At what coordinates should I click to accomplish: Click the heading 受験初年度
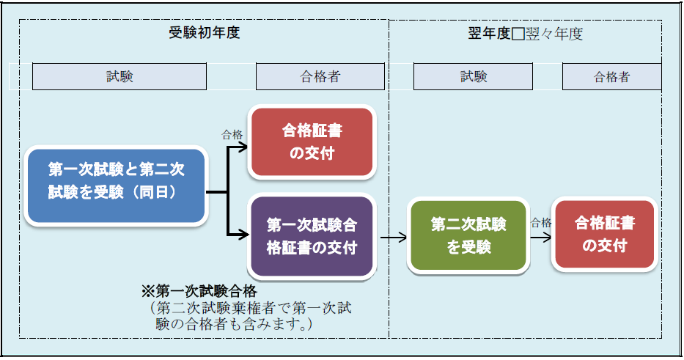pos(205,33)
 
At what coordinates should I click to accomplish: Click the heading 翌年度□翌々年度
pos(525,34)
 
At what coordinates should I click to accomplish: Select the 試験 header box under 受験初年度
pos(119,76)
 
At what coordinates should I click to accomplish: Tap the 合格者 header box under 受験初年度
pos(320,76)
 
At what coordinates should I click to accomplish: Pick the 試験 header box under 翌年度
pos(473,76)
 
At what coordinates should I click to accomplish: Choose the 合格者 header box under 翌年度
pos(611,77)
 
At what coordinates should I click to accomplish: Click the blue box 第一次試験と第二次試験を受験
pos(116,186)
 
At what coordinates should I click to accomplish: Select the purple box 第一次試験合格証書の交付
pos(312,237)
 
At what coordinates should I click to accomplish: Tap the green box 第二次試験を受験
pos(468,235)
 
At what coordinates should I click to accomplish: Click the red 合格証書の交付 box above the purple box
pos(312,142)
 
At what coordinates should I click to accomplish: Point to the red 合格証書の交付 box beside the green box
pos(604,235)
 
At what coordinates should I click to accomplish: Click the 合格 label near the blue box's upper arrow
pos(232,134)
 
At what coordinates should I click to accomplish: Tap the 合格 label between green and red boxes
pos(541,223)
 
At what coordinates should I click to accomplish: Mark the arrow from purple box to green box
pos(394,238)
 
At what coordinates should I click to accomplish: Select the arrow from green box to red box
pos(541,238)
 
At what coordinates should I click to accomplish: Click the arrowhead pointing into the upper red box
pos(243,147)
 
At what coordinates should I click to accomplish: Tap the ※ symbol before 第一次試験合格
pos(148,291)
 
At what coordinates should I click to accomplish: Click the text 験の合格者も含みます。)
pos(235,324)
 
